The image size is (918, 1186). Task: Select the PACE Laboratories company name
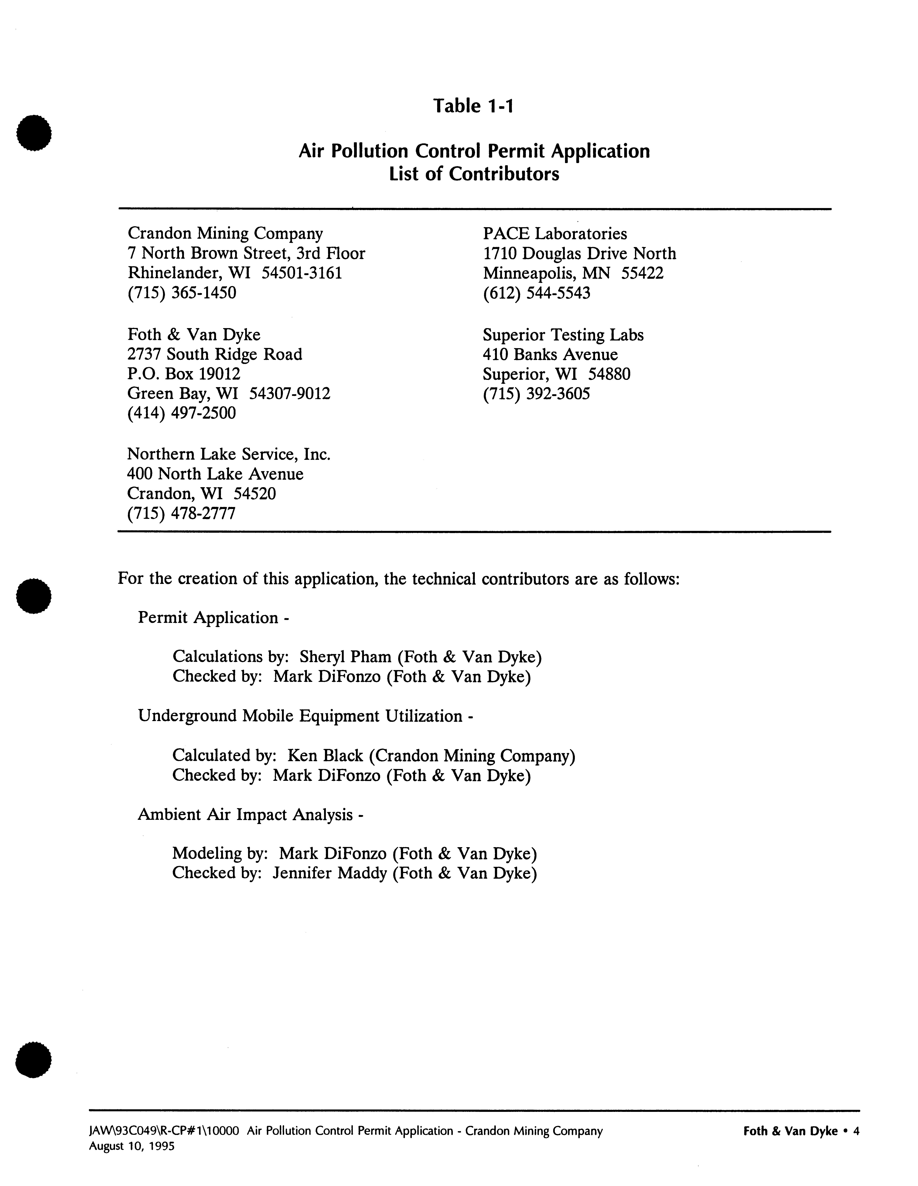(x=555, y=234)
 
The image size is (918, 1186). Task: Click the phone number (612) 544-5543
(x=536, y=293)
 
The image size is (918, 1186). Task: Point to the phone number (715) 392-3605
(x=536, y=394)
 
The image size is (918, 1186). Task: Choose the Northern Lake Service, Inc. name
(x=229, y=454)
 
